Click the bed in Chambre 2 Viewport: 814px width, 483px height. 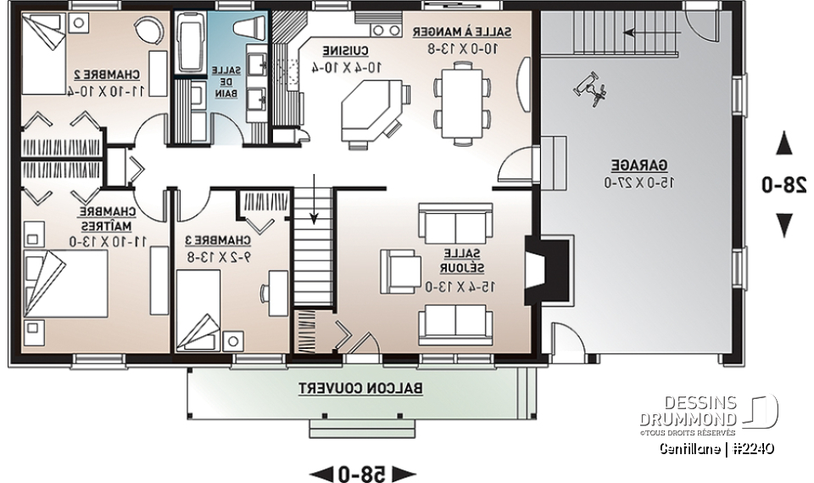click(x=42, y=53)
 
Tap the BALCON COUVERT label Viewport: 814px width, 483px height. click(x=361, y=388)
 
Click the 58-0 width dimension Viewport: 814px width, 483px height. click(x=361, y=471)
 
